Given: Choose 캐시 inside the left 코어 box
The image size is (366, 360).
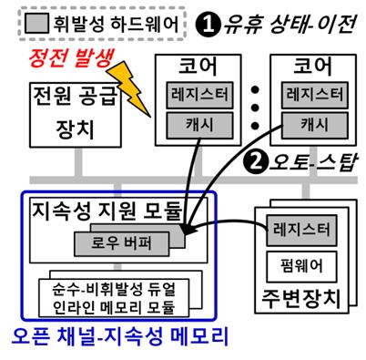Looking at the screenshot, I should coord(199,123).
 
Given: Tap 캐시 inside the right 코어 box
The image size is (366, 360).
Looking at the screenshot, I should coord(314,123).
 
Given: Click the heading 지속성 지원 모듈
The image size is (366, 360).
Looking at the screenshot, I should coord(108,214).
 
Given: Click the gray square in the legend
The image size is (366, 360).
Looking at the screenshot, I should coord(35,20).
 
